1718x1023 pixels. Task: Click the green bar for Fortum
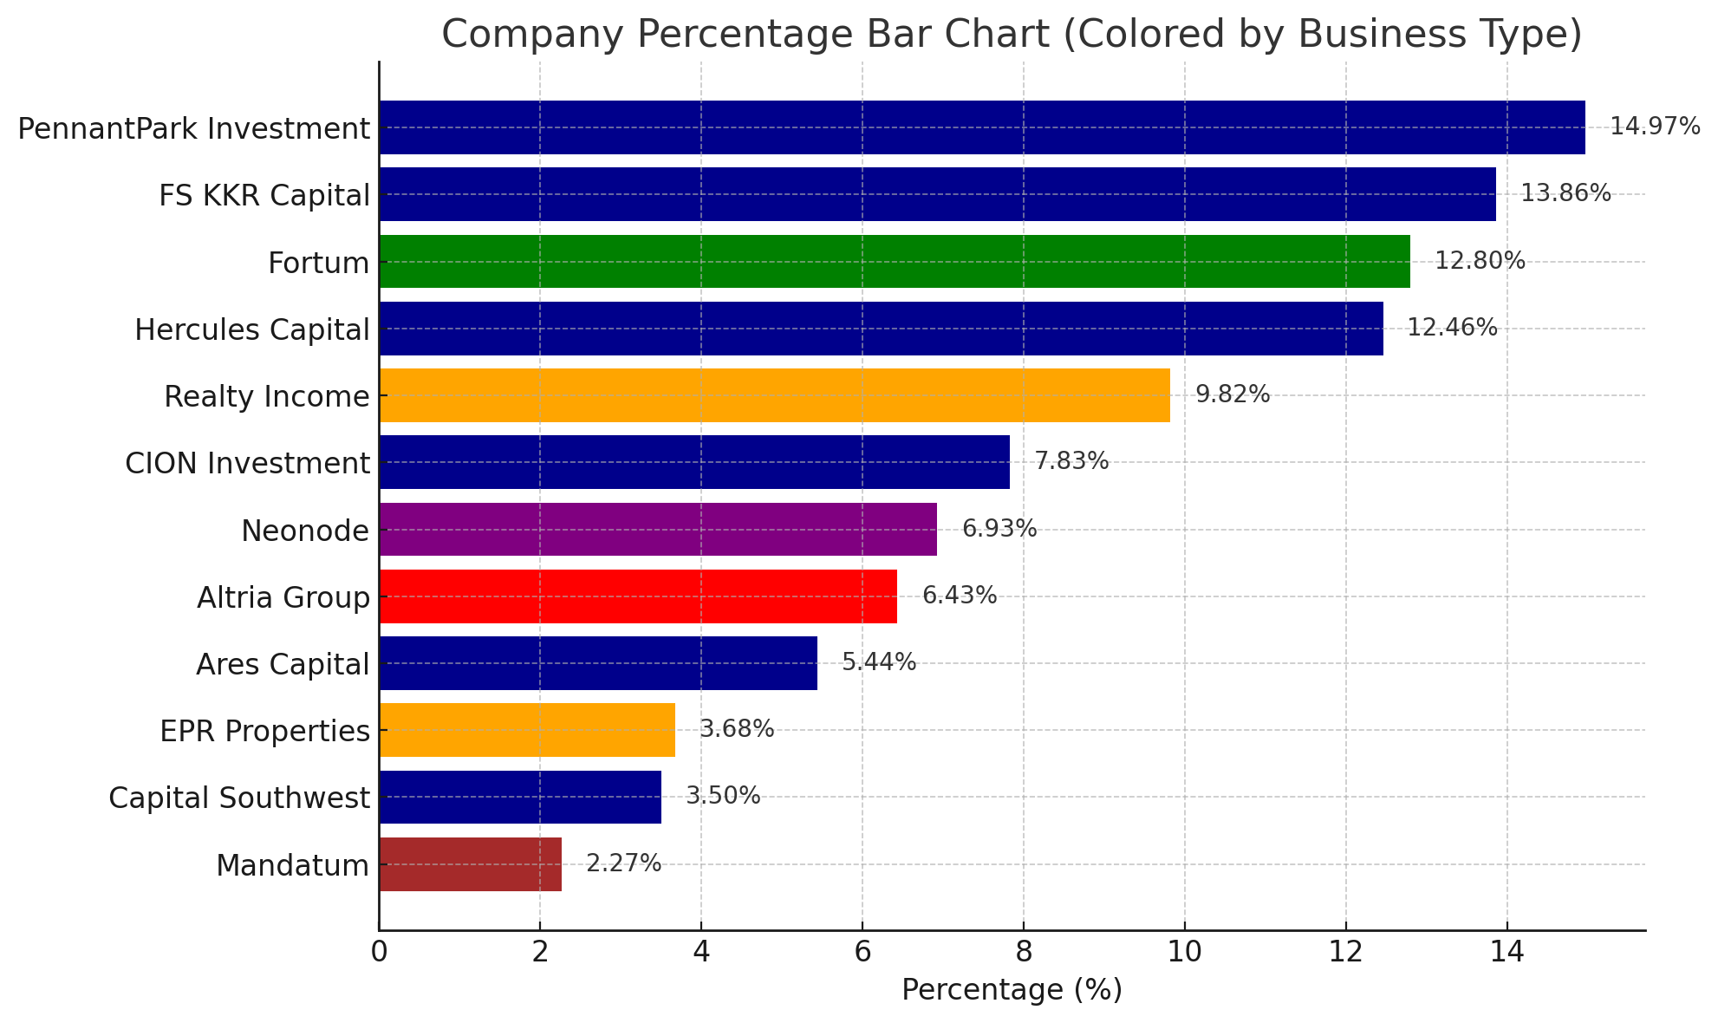894,261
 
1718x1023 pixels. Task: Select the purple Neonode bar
658,529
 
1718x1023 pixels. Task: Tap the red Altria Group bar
638,596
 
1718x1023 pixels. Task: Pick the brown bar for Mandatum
470,864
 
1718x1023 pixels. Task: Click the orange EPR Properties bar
527,730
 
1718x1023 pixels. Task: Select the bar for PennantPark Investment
981,127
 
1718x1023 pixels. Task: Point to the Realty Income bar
774,395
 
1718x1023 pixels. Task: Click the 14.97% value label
1654,127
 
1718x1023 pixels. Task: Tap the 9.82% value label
1232,395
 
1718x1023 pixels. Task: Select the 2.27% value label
623,864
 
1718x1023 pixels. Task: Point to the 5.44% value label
878,663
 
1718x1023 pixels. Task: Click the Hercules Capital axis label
252,329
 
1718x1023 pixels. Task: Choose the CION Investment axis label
247,464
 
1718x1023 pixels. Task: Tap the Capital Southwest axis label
239,798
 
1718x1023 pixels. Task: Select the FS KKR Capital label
264,196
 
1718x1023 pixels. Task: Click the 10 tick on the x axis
1184,953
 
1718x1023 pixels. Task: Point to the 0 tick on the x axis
379,953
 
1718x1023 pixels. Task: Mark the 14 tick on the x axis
1507,953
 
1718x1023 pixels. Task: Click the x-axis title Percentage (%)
1012,990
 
